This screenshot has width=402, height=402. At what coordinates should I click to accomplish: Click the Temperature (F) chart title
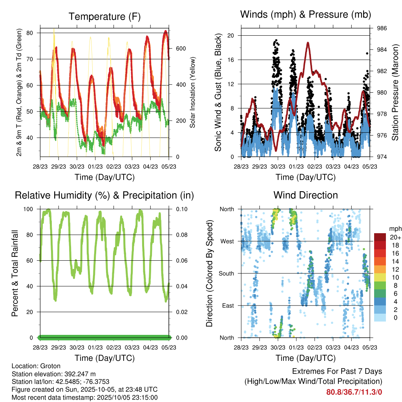pos(104,16)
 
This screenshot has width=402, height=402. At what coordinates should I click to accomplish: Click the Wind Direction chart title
pos(305,195)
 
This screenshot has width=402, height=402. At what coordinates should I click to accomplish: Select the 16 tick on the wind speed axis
pos(231,60)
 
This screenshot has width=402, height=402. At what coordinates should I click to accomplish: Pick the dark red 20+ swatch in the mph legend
pos(380,237)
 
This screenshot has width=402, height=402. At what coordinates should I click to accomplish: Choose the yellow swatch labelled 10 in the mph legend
pos(380,278)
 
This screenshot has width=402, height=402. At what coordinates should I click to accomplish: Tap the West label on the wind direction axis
pos(227,241)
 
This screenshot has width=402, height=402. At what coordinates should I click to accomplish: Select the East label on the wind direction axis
pos(228,305)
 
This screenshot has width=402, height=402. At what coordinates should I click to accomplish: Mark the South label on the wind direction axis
pos(226,273)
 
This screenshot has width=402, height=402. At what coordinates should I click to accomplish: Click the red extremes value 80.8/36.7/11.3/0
pos(354,392)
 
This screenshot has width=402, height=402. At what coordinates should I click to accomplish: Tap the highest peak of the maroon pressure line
pos(308,42)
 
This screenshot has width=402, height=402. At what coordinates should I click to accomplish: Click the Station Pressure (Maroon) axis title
pos(395,93)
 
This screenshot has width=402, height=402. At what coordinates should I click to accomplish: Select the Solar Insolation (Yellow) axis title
pos(193,93)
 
